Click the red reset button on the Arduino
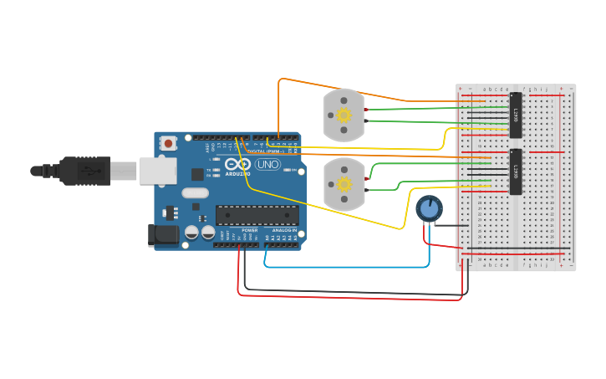pos(169,144)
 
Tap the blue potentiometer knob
pos(429,208)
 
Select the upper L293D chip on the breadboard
pos(516,115)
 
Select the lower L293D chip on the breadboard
pos(516,172)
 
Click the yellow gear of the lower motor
pos(344,184)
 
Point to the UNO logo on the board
pos(267,165)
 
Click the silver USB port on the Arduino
pos(157,171)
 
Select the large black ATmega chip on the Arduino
pos(257,216)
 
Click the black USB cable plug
pos(84,171)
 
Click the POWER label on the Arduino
pos(250,230)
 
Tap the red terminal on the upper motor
pos(366,110)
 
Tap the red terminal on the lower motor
pos(366,177)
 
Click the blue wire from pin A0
pos(347,267)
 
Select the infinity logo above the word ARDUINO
pos(237,164)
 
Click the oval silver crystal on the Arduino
pos(195,193)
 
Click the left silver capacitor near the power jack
pos(191,232)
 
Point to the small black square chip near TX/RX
pos(197,174)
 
